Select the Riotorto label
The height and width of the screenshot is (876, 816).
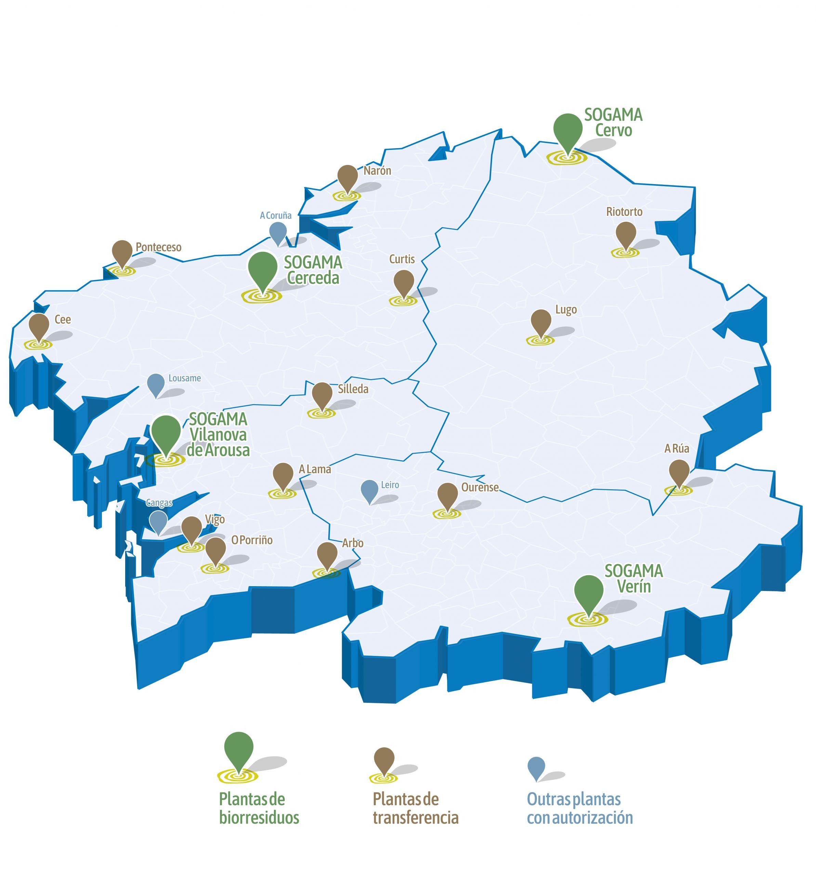(x=624, y=212)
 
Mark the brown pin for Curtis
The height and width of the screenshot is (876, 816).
(x=403, y=283)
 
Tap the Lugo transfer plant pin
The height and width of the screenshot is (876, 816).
(x=541, y=323)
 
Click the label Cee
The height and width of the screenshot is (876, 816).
(x=63, y=320)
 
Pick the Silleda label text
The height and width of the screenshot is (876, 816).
(x=353, y=389)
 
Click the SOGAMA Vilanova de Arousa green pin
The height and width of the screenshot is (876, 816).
(x=166, y=432)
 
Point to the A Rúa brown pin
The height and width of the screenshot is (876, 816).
(x=679, y=472)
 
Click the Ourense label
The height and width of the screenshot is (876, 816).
(x=479, y=487)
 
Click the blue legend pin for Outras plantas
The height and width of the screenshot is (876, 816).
(x=536, y=768)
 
